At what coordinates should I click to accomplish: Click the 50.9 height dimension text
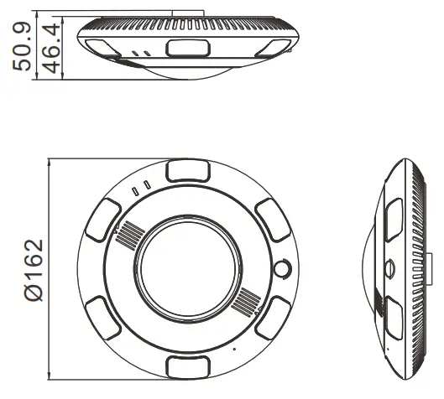tap(24, 46)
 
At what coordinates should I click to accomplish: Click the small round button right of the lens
tap(282, 270)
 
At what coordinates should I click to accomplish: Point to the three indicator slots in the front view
tap(140, 187)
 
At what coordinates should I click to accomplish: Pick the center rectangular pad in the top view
tap(184, 48)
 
